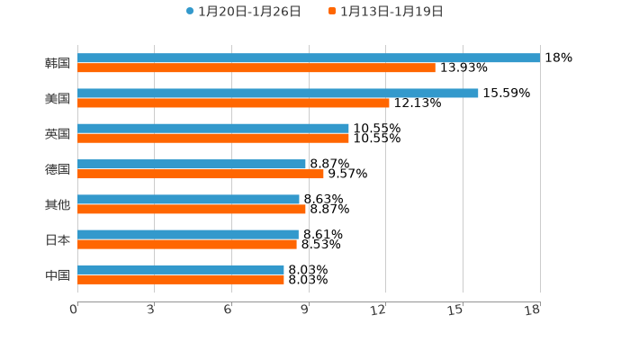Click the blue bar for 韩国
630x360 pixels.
coord(309,58)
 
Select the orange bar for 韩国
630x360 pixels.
coord(256,68)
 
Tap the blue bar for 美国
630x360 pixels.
coord(278,94)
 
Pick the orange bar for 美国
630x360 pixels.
coord(233,103)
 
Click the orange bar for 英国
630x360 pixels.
coord(213,139)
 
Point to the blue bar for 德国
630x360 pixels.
coord(192,164)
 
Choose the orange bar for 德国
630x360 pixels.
coord(201,174)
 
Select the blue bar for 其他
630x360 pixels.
coord(188,200)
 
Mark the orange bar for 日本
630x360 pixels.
coord(187,244)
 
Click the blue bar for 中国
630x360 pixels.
coord(181,270)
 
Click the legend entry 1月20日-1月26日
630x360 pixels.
coord(243,12)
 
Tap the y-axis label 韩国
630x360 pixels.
coord(58,64)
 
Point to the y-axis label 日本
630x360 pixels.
coord(58,240)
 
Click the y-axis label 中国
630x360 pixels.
coord(58,275)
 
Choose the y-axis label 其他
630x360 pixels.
coord(58,205)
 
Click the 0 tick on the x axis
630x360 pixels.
coord(74,310)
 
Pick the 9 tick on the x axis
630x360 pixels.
coord(305,310)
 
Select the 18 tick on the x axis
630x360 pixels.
coord(533,310)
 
